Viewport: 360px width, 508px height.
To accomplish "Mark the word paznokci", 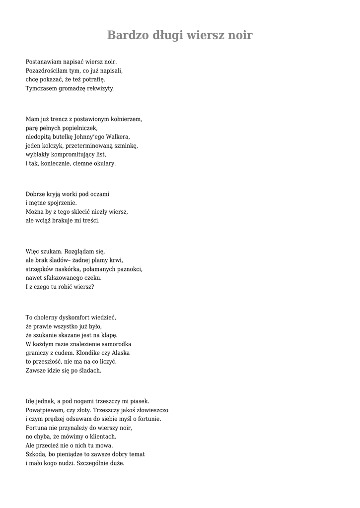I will point(130,269).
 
